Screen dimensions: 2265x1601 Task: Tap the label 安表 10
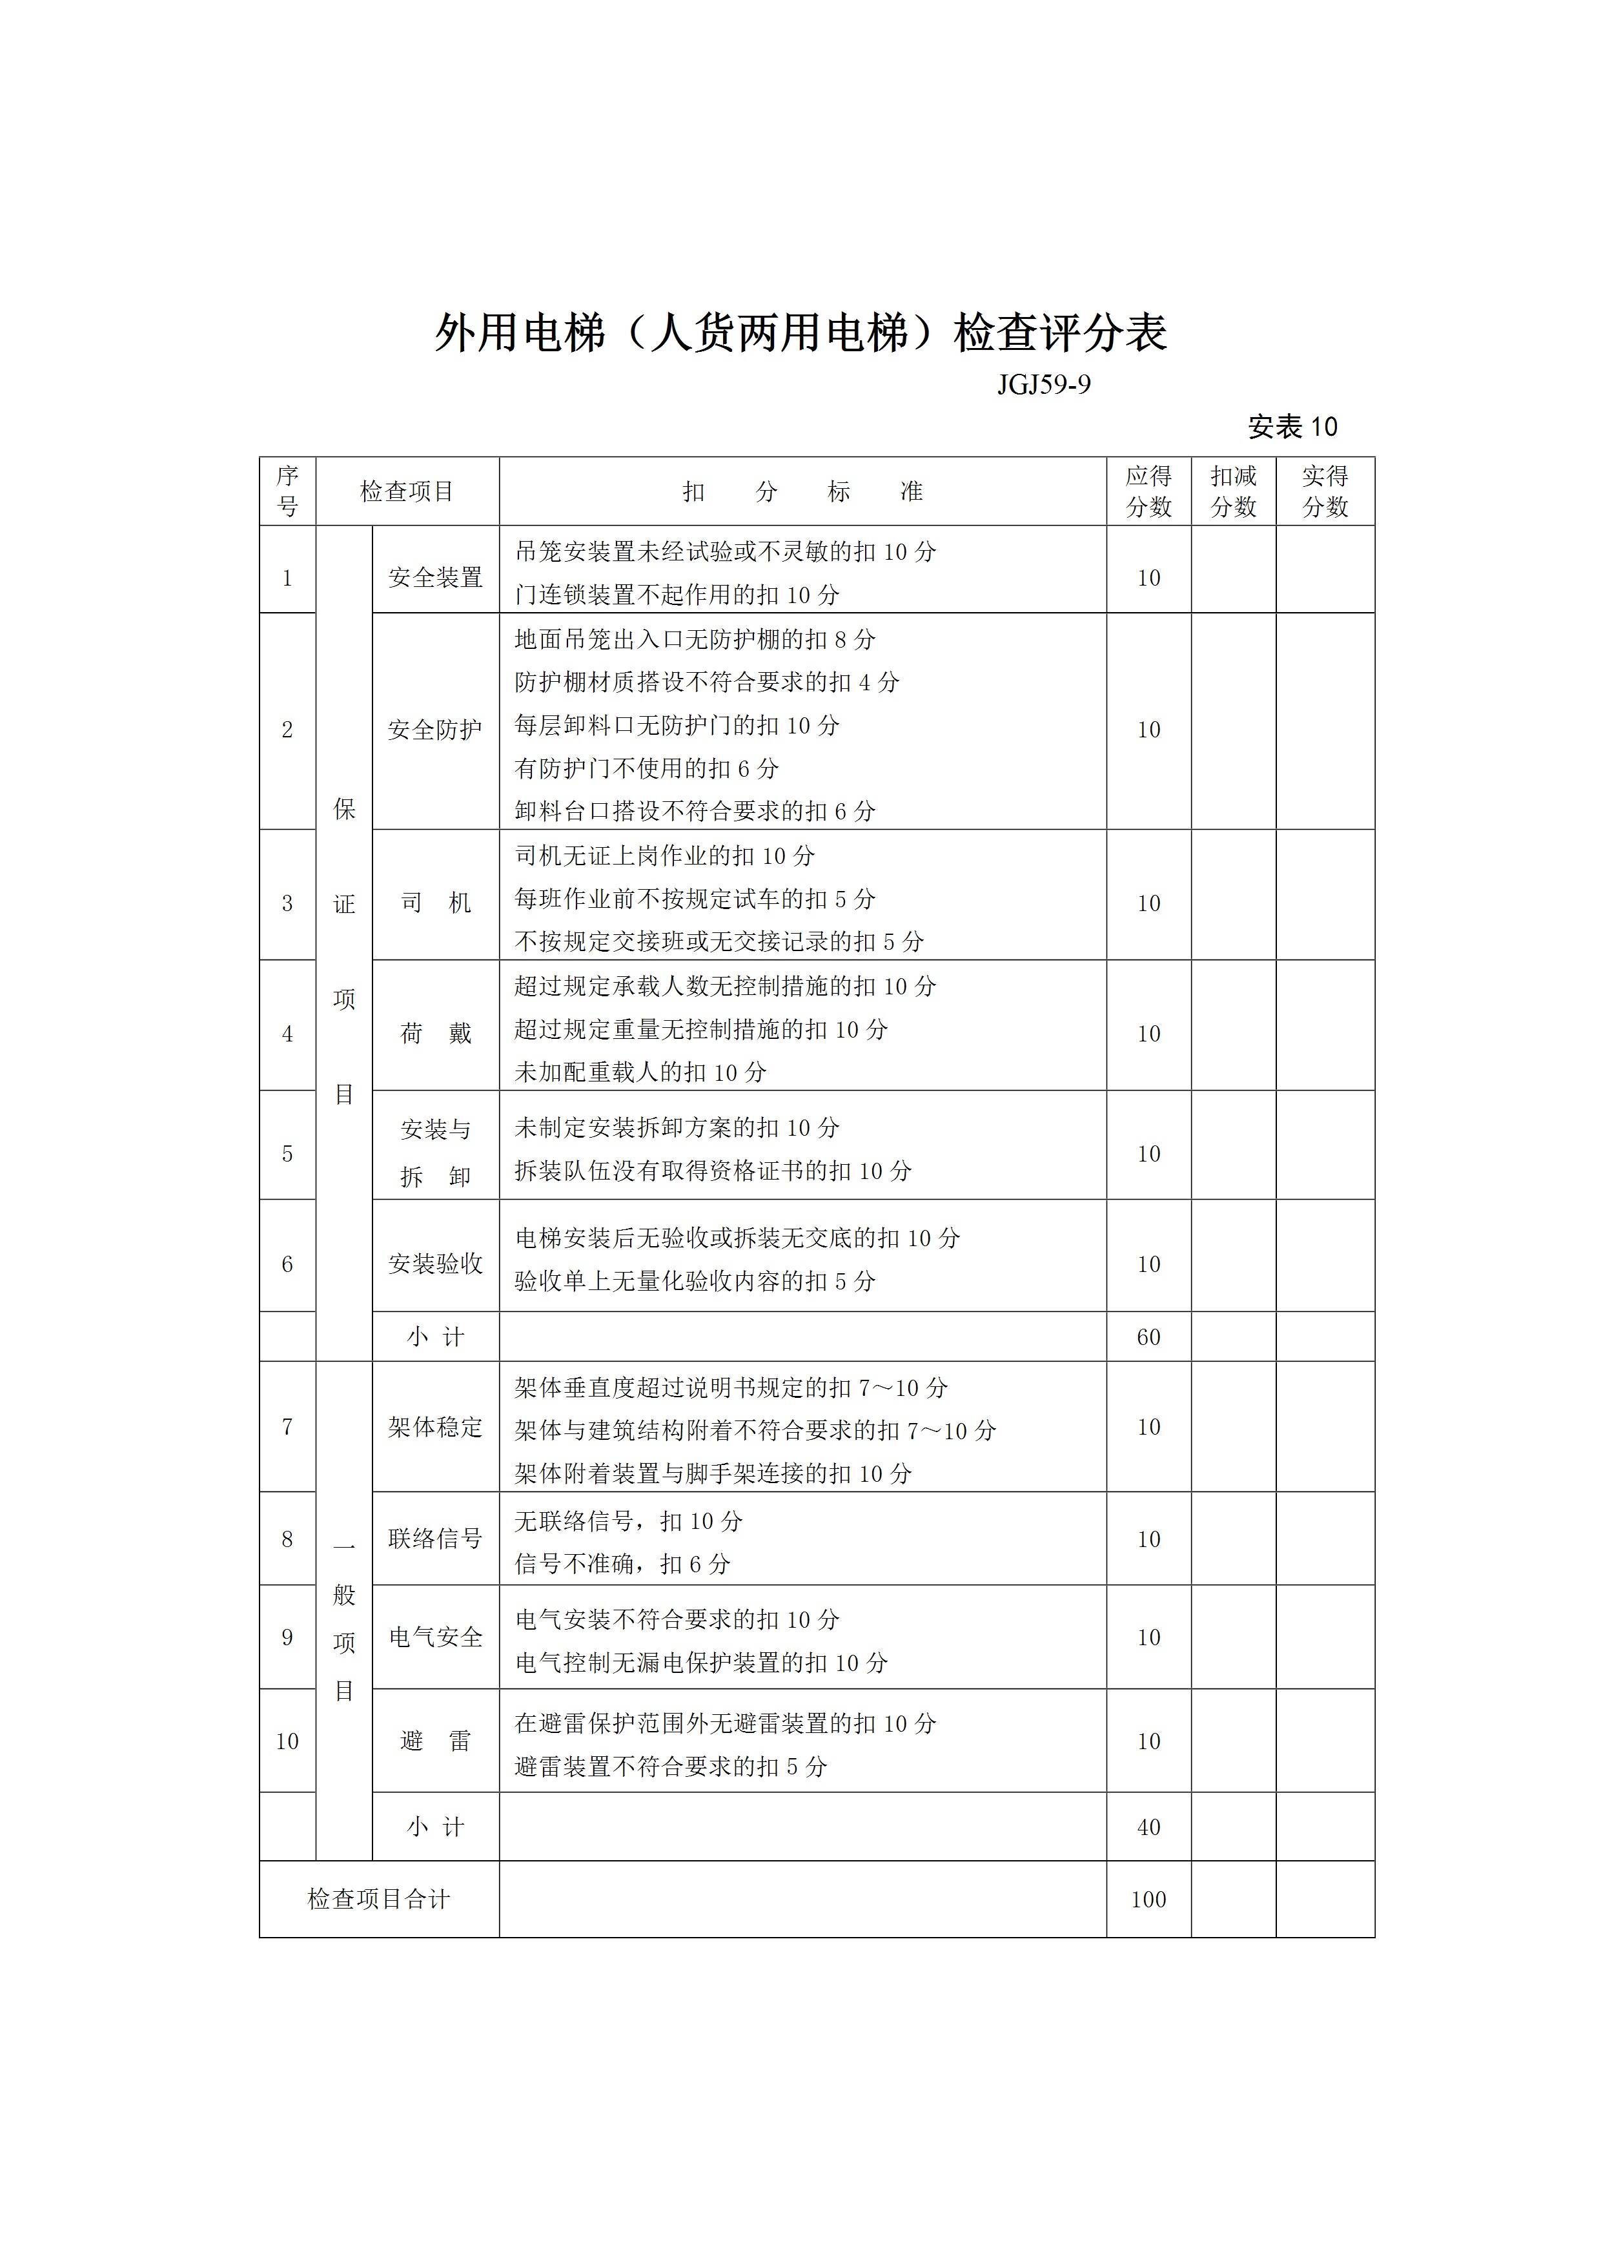pyautogui.click(x=1292, y=427)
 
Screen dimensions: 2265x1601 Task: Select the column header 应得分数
pyautogui.click(x=1148, y=491)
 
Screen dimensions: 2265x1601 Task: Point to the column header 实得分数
pyautogui.click(x=1324, y=491)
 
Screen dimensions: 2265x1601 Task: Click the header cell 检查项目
pyautogui.click(x=407, y=491)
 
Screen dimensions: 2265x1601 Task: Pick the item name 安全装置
pyautogui.click(x=435, y=577)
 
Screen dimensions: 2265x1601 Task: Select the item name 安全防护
pyautogui.click(x=435, y=730)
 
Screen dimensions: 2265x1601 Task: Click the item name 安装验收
pyautogui.click(x=435, y=1264)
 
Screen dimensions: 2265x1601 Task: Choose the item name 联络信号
pyautogui.click(x=435, y=1539)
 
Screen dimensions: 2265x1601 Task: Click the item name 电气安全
pyautogui.click(x=435, y=1637)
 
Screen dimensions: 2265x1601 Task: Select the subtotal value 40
pyautogui.click(x=1148, y=1827)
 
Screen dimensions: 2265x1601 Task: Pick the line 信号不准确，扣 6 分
pyautogui.click(x=622, y=1564)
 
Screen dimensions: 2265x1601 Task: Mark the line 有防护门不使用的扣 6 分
pyautogui.click(x=646, y=768)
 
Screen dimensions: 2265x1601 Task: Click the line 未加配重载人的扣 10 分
pyautogui.click(x=640, y=1072)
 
